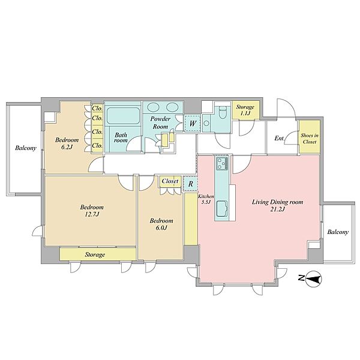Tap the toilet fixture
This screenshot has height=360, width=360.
(223, 112)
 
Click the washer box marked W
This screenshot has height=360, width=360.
(193, 124)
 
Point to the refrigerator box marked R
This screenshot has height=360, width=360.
(191, 184)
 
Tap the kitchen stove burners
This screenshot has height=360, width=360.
(222, 164)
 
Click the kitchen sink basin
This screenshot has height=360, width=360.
(222, 208)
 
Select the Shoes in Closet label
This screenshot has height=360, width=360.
(310, 139)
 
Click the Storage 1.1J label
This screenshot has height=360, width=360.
(245, 110)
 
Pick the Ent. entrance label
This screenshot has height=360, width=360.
(280, 138)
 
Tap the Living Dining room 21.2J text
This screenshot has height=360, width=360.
(278, 205)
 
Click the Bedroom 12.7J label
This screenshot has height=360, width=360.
(92, 211)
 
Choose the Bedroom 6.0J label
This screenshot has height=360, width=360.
(161, 224)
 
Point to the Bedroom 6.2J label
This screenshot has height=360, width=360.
(67, 143)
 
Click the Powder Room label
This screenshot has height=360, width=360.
(160, 122)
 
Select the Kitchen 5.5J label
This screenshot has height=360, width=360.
(206, 199)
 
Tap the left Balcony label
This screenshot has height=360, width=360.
(26, 148)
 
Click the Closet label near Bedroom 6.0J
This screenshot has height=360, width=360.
(170, 181)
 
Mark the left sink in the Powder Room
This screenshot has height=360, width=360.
(152, 107)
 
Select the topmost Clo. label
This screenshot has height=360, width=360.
(97, 108)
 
